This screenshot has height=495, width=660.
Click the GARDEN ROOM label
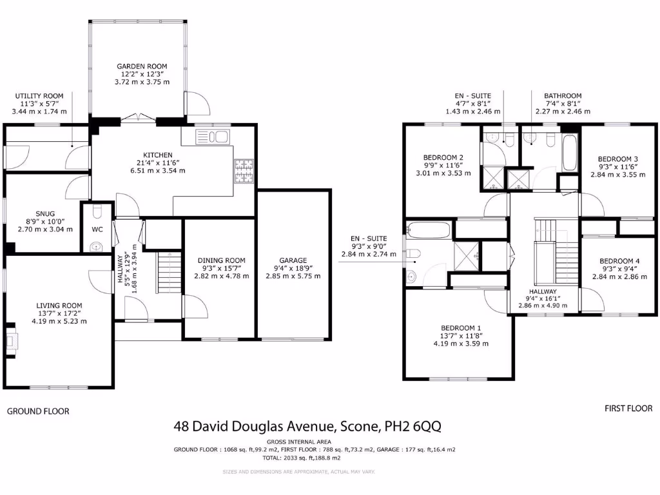tap(142, 66)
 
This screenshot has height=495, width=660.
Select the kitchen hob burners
tap(244, 171)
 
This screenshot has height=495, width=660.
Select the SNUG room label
tap(45, 213)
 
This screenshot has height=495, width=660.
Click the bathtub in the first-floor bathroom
tap(570, 153)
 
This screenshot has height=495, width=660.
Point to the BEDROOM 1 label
tap(461, 327)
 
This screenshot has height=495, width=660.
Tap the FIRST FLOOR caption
tap(628, 409)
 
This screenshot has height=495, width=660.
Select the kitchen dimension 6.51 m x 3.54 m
tap(158, 171)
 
